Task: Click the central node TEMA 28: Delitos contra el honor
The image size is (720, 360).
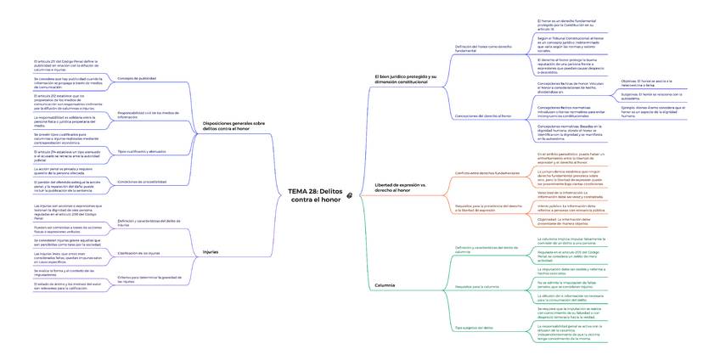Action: [x=315, y=194]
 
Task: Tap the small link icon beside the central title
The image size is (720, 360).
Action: [x=350, y=195]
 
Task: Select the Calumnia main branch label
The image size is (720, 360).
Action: [x=385, y=285]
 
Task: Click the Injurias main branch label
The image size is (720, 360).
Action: [x=211, y=251]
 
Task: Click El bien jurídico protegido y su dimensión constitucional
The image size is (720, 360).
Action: [x=407, y=79]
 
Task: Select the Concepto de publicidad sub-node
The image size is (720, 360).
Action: [x=136, y=78]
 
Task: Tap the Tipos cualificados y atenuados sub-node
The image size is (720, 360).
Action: [x=141, y=151]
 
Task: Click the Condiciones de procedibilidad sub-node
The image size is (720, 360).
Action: [x=142, y=182]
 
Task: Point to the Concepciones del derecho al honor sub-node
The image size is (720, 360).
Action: [x=483, y=115]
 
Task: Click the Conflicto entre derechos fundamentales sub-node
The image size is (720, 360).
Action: [x=487, y=172]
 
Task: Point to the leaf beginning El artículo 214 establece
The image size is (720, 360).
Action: [x=68, y=155]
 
